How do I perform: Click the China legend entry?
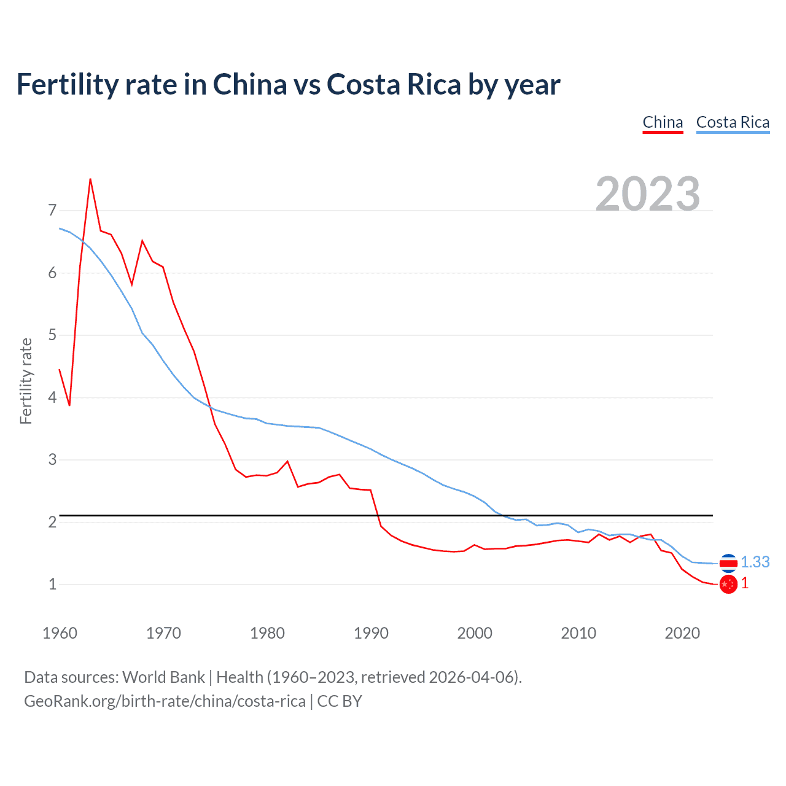663,122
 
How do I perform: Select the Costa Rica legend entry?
733,122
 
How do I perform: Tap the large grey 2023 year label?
648,194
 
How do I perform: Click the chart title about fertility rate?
288,84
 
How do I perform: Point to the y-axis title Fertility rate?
26,381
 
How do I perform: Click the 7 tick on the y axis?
52,211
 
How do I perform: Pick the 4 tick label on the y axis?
52,397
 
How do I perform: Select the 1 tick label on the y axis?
52,584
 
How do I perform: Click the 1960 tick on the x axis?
60,633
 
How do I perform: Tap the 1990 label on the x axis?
371,633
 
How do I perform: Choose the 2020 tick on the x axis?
682,633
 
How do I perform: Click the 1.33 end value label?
755,562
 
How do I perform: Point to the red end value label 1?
745,583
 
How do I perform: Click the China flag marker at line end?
728,585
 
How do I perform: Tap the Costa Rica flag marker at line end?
728,562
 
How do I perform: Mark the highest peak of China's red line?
90,179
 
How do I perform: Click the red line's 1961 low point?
69,405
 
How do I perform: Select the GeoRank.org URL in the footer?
165,701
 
